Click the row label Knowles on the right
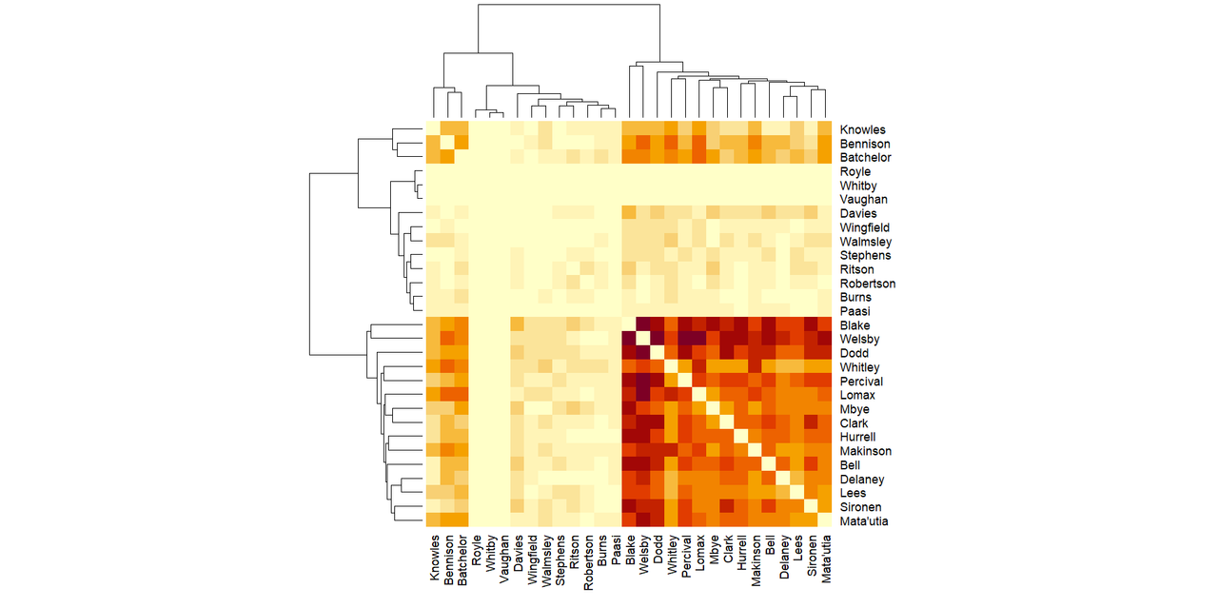pyautogui.click(x=862, y=129)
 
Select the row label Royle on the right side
pyautogui.click(x=855, y=172)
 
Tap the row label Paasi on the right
pyautogui.click(x=855, y=311)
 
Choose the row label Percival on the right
pyautogui.click(x=862, y=382)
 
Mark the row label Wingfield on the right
pyautogui.click(x=865, y=227)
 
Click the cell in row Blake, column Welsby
pyautogui.click(x=643, y=325)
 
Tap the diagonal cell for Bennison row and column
pyautogui.click(x=447, y=144)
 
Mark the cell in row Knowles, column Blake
pyautogui.click(x=630, y=129)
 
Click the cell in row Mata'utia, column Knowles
pyautogui.click(x=434, y=521)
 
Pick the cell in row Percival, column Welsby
pyautogui.click(x=643, y=382)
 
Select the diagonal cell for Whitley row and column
pyautogui.click(x=672, y=367)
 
